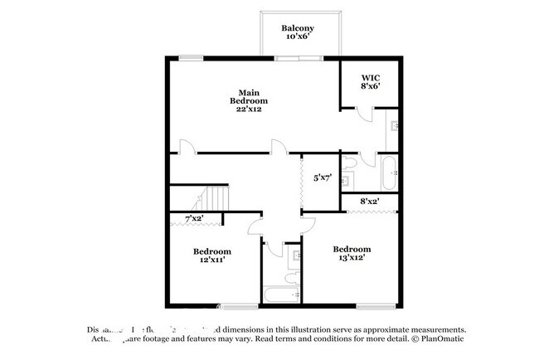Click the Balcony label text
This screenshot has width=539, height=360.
pos(296,27)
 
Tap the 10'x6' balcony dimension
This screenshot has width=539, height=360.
pos(296,37)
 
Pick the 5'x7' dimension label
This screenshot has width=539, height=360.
pos(323,177)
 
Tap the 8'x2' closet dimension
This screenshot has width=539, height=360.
pos(370,201)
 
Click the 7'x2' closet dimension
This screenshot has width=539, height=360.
pos(194,218)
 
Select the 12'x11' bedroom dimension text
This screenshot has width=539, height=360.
pos(212,260)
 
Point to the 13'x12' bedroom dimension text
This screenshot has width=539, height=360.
pos(352,258)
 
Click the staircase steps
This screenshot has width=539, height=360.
pos(217,199)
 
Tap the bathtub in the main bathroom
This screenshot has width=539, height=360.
pos(389,173)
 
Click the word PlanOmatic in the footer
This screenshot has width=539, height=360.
pos(441,338)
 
